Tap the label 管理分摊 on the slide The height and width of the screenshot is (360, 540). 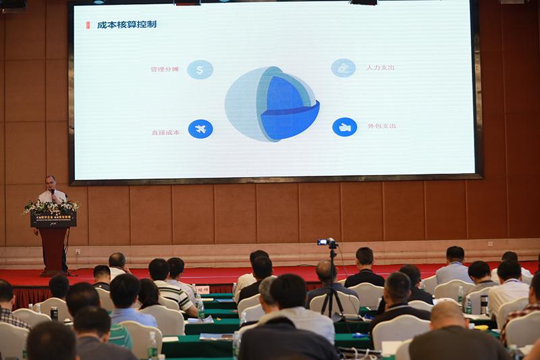pos(165,70)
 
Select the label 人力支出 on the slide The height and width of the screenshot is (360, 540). pos(381,68)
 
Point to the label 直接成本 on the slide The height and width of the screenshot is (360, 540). pos(165,132)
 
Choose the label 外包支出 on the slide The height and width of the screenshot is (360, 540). pos(381,126)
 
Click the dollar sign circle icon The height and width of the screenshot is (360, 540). pos(200,70)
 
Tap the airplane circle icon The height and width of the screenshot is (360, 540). pos(200,128)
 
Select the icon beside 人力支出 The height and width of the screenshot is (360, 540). pos(343,68)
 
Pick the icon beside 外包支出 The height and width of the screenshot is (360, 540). pos(344,127)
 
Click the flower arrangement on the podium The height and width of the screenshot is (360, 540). pos(51,206)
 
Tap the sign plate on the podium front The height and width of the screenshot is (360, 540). pos(53,220)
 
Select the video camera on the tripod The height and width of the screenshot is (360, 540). pos(328,242)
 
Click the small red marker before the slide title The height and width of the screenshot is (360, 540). pos(88,25)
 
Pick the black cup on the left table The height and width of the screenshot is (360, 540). pos(54,313)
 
